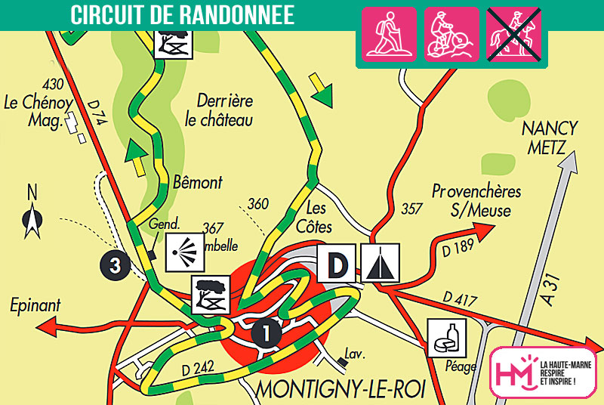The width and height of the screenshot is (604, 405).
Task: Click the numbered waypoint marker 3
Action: [x=115, y=265]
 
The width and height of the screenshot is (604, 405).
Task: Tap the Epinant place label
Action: [x=35, y=306]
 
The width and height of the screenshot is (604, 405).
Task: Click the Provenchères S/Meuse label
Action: [x=476, y=201]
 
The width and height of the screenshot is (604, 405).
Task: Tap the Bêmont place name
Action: [x=198, y=183]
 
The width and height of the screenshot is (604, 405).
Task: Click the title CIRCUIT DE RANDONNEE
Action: [x=182, y=14]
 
